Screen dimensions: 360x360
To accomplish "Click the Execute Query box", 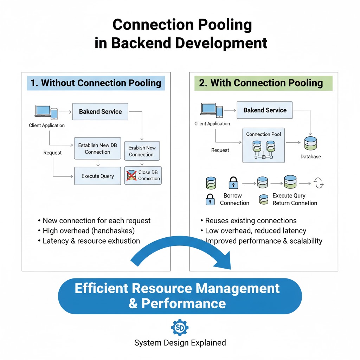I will click(x=97, y=176).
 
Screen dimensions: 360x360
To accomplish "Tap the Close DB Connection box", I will click(x=143, y=175).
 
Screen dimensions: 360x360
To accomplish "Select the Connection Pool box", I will click(x=263, y=145).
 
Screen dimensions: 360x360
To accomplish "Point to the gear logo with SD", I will click(x=180, y=328).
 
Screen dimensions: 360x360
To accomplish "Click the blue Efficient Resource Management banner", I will click(x=180, y=296).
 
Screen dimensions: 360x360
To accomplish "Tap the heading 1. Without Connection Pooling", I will click(x=96, y=83).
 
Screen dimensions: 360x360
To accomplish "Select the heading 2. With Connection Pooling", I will click(x=261, y=83).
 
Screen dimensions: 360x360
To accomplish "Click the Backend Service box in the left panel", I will click(x=100, y=111).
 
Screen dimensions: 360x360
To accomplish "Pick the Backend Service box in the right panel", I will click(x=265, y=110).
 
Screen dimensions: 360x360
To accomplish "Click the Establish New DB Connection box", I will click(x=97, y=148).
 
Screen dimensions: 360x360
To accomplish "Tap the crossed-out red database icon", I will click(x=131, y=175).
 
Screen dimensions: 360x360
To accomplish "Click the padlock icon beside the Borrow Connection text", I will click(x=210, y=199).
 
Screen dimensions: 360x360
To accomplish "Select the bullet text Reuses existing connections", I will click(x=251, y=221).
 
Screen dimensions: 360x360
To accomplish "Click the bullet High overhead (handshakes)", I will click(x=89, y=231).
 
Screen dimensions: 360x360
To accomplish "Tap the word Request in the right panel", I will click(x=220, y=150).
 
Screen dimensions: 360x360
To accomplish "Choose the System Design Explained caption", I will click(x=180, y=343).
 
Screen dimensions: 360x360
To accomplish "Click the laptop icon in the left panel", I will click(x=43, y=110).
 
